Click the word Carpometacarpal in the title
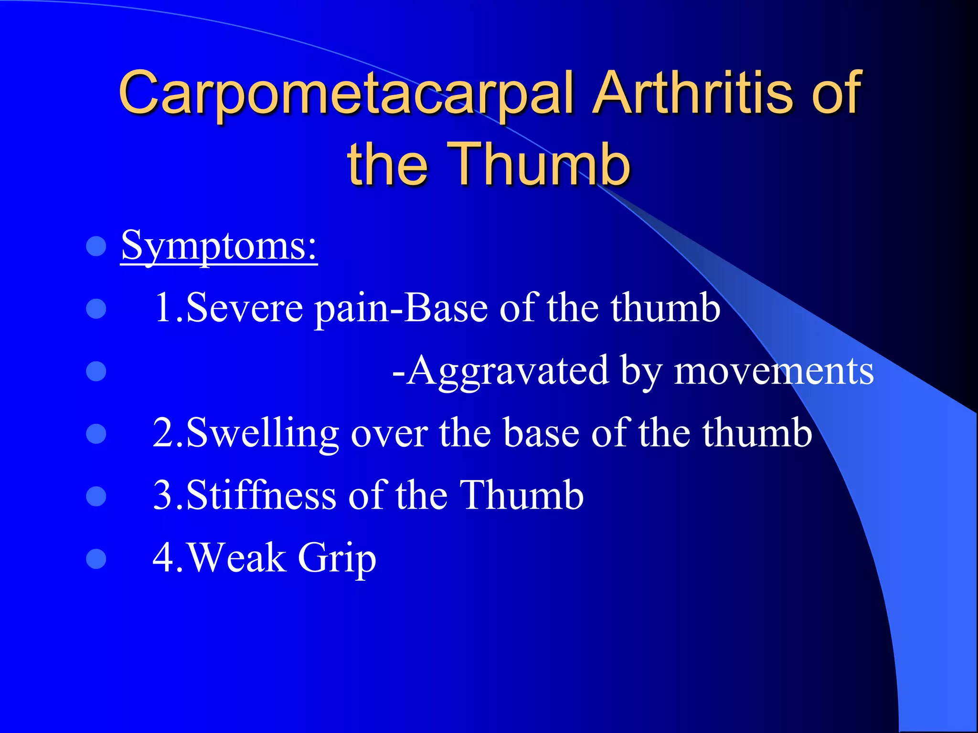tap(346, 93)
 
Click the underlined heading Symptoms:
tap(219, 246)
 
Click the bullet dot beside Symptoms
tap(96, 247)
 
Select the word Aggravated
tap(509, 371)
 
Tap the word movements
tap(774, 371)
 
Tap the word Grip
tap(337, 558)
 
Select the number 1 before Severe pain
tap(164, 308)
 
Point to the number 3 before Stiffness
tap(164, 495)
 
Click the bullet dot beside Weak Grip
tap(96, 559)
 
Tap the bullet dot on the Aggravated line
tap(96, 371)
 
